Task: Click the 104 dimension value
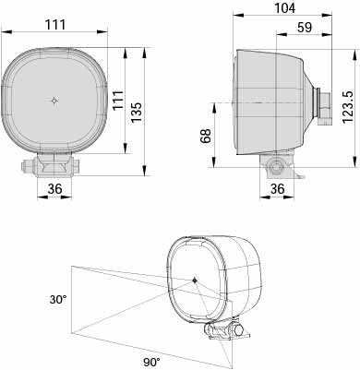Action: [x=284, y=8]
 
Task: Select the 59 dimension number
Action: [x=305, y=28]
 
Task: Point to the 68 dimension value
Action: [x=206, y=136]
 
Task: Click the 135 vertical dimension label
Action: [x=137, y=112]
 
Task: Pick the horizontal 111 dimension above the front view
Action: [x=55, y=25]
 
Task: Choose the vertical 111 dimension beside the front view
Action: [x=118, y=100]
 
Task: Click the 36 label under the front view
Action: [x=54, y=189]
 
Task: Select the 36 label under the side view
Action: [x=277, y=189]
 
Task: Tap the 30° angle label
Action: [x=58, y=300]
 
